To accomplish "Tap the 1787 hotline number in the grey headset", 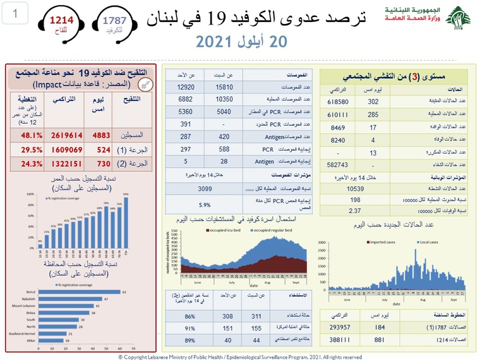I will pyautogui.click(x=116, y=20).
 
